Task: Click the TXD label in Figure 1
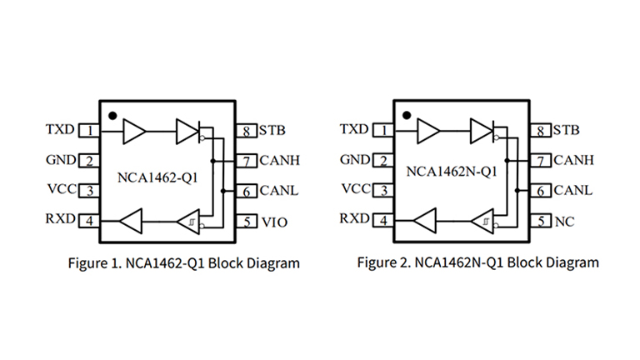click(x=60, y=130)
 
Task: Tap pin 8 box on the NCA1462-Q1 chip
click(x=248, y=130)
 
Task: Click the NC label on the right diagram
click(x=563, y=222)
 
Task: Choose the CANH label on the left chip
click(x=279, y=160)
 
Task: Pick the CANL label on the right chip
click(x=573, y=190)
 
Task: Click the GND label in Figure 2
click(x=355, y=160)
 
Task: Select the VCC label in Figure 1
click(x=61, y=190)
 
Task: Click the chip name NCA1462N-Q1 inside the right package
click(x=452, y=173)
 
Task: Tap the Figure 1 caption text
click(x=183, y=263)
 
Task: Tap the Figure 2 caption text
click(x=477, y=263)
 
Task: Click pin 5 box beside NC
click(x=542, y=222)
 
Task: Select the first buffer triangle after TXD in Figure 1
click(x=133, y=130)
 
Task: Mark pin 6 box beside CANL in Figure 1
click(x=248, y=191)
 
